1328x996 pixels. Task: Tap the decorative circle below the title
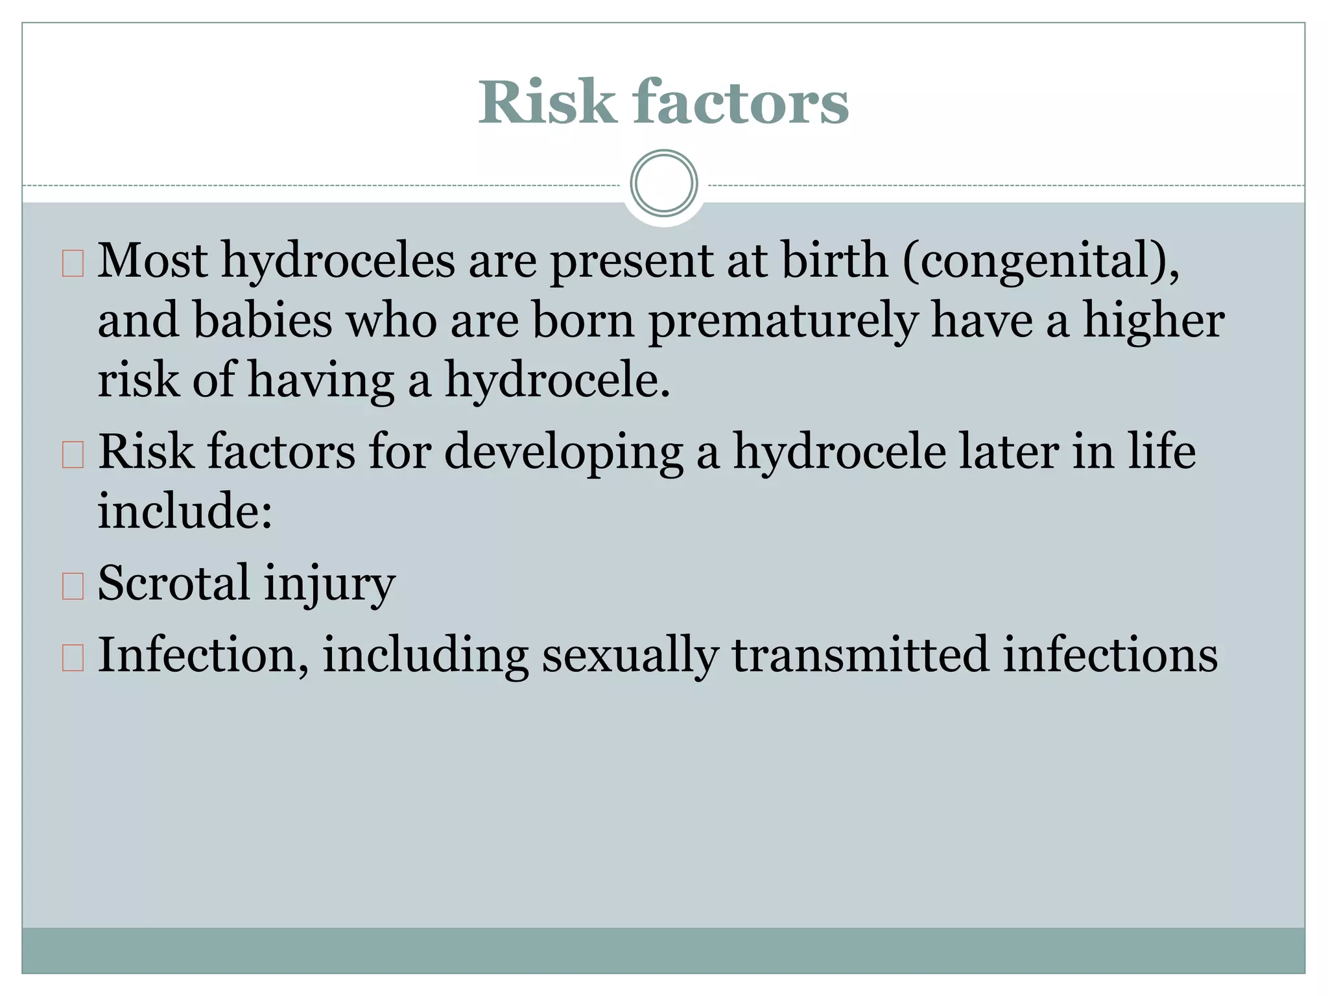click(663, 184)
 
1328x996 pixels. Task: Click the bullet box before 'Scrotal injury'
click(73, 586)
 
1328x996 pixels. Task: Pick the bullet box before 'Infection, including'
click(73, 657)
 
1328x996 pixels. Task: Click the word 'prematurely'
click(783, 321)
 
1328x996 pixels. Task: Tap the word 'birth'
click(835, 260)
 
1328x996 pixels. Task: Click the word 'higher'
click(1154, 321)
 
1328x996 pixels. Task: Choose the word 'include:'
click(185, 510)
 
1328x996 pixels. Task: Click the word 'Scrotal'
click(173, 582)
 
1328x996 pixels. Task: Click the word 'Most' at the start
click(153, 260)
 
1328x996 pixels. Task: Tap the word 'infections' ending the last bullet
click(1110, 654)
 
